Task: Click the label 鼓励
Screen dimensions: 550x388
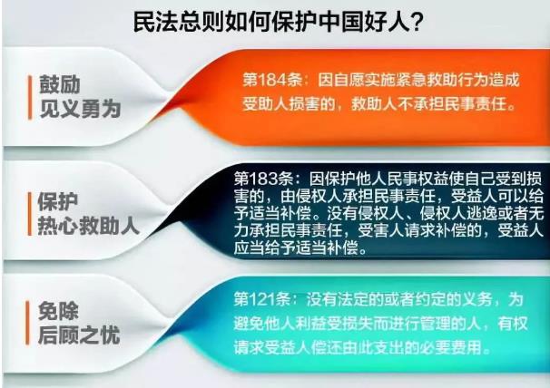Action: coord(60,84)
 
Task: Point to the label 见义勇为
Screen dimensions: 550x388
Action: coord(81,109)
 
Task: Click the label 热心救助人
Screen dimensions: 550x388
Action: coord(88,226)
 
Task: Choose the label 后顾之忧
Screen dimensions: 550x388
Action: coord(79,335)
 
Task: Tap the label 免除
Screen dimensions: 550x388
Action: coord(58,311)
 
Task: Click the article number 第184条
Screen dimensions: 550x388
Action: coord(272,80)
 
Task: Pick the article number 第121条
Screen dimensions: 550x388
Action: coord(262,299)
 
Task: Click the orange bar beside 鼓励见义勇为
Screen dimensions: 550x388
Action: coord(30,97)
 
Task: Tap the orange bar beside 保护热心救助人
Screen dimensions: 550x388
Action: coord(30,214)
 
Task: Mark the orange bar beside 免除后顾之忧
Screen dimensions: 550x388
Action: coord(27,323)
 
